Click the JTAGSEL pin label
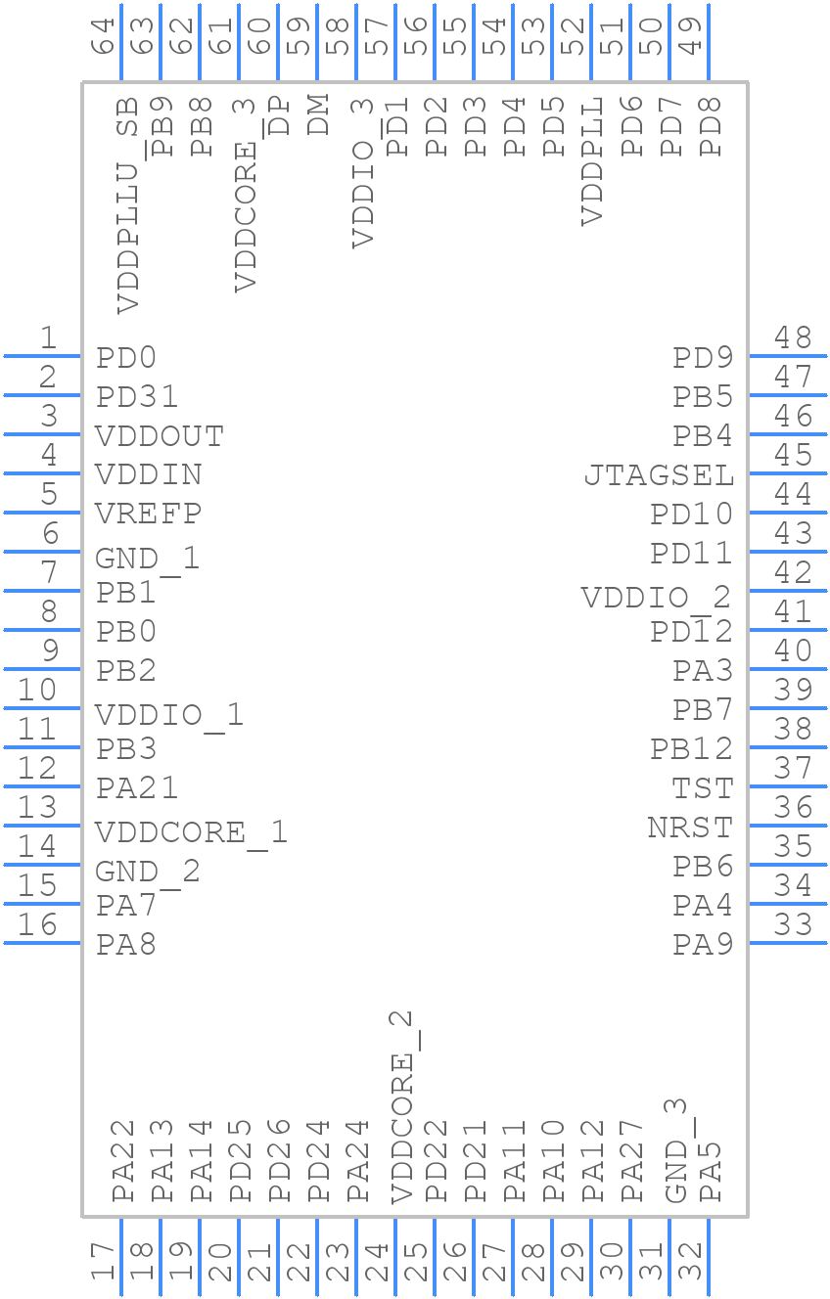coord(659,475)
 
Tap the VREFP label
coord(149,514)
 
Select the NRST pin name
coord(690,828)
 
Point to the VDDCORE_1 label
coord(191,832)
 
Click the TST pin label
coord(703,788)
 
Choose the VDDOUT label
coord(160,435)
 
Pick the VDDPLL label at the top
coord(592,160)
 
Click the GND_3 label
coord(676,1150)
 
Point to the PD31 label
coord(137,397)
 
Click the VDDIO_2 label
coord(656,597)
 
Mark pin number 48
coord(793,337)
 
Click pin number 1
coord(47,337)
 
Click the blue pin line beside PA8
coord(43,943)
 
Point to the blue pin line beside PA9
coord(788,943)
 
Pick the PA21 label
coord(137,788)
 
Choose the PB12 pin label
coord(691,749)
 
